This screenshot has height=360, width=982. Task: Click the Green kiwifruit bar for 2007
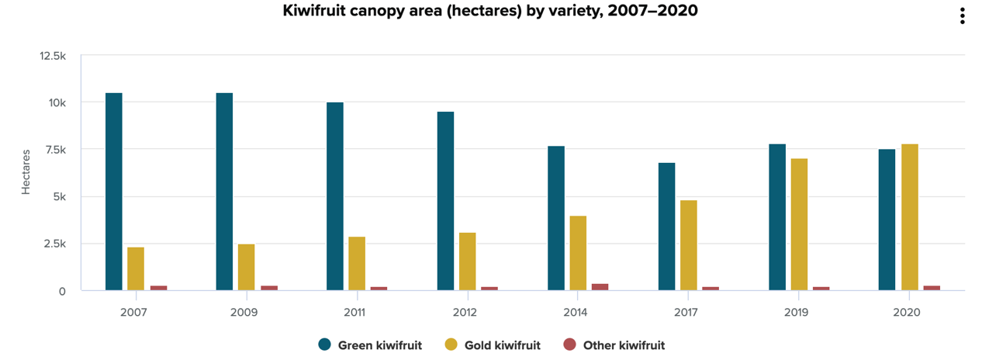click(x=113, y=192)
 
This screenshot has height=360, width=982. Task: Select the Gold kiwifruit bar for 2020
click(x=909, y=217)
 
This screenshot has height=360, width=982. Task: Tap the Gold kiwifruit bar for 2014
click(x=578, y=253)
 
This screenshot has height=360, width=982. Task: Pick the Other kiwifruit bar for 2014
click(x=600, y=287)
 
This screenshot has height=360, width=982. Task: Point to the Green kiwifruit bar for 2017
click(x=666, y=227)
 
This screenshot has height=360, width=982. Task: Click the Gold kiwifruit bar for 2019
click(x=799, y=224)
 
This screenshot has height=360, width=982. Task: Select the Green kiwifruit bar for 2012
click(x=445, y=201)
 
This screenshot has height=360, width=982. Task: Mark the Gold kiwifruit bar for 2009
click(x=246, y=267)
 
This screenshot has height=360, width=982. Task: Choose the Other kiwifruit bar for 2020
click(x=932, y=288)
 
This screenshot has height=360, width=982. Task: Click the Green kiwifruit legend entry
click(x=371, y=345)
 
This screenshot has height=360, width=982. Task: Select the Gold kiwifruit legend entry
click(x=493, y=345)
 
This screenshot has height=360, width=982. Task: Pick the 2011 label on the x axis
click(x=355, y=312)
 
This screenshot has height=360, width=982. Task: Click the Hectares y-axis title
click(x=26, y=171)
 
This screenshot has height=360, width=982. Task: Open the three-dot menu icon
click(x=962, y=16)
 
